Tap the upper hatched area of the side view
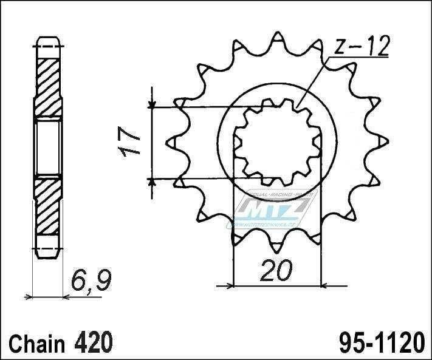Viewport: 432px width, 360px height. tap(48, 82)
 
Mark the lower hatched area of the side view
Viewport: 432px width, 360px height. tap(48, 207)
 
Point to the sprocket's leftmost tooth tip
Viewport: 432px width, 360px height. tap(169, 144)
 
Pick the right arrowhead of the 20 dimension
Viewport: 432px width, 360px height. tap(322, 282)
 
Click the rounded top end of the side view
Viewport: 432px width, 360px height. tap(48, 42)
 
